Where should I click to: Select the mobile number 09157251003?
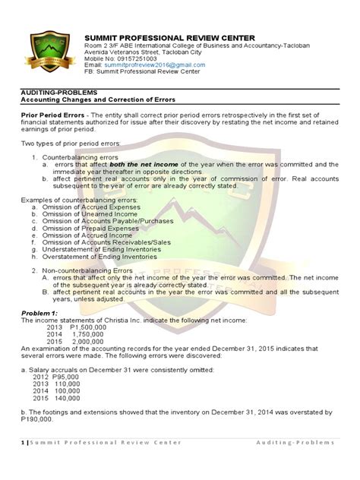(136, 58)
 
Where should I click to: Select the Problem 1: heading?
(40, 312)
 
